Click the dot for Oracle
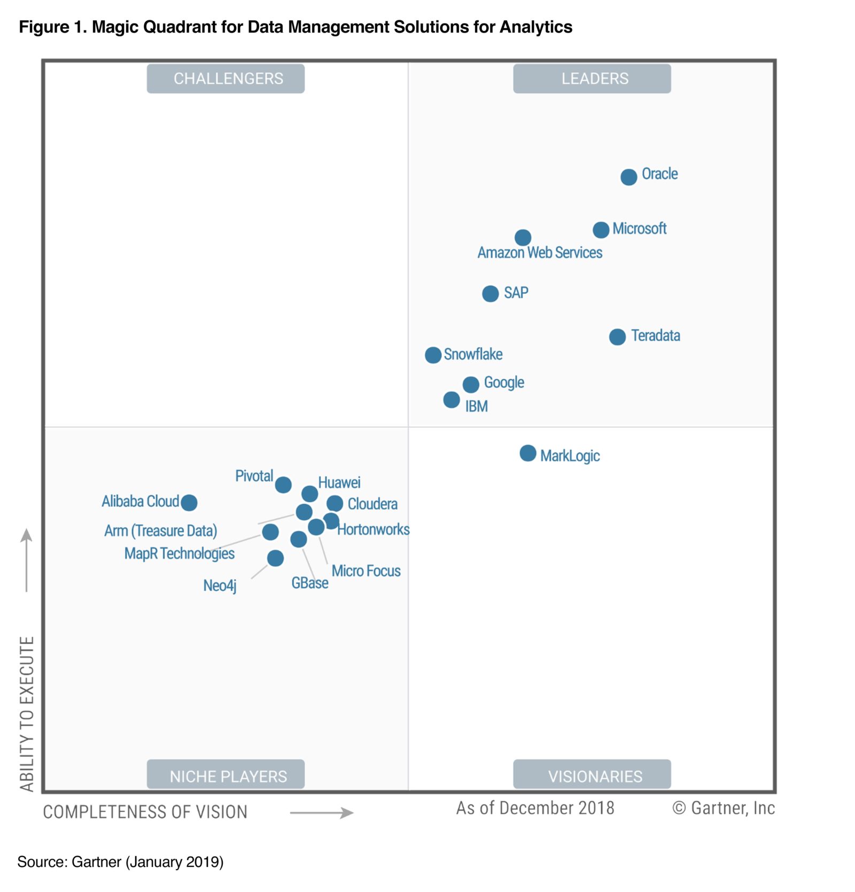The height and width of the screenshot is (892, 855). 628,177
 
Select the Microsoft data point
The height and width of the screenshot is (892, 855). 601,230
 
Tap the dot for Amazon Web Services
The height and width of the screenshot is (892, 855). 523,237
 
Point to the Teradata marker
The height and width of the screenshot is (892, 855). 617,337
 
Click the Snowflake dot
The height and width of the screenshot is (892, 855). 433,355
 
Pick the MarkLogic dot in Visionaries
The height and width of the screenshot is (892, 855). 527,453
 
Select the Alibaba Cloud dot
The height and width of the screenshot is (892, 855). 189,502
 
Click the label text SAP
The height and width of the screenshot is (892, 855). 516,293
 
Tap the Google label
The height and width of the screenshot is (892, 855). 503,382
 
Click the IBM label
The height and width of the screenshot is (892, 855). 476,406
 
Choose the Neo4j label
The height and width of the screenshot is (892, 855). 220,585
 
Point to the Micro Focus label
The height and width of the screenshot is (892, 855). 366,571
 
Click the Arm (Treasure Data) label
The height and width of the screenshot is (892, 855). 160,531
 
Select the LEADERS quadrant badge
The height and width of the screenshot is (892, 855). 592,79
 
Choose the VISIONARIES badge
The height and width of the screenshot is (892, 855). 592,775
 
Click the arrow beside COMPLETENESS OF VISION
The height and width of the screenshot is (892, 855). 322,812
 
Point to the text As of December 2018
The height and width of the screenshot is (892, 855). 535,808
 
